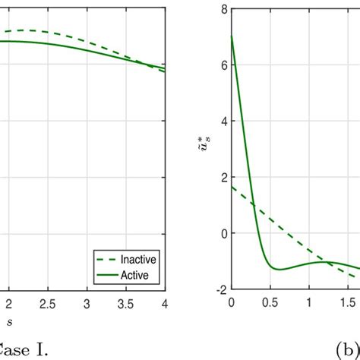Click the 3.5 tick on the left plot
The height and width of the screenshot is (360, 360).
(x=125, y=304)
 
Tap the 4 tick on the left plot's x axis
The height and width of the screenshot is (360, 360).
(x=164, y=304)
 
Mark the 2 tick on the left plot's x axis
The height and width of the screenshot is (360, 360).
(x=9, y=304)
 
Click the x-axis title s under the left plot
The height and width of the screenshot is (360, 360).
(x=10, y=323)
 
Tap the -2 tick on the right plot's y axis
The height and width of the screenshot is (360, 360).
(x=221, y=289)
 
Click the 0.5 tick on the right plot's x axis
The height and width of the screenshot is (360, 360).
(x=270, y=302)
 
